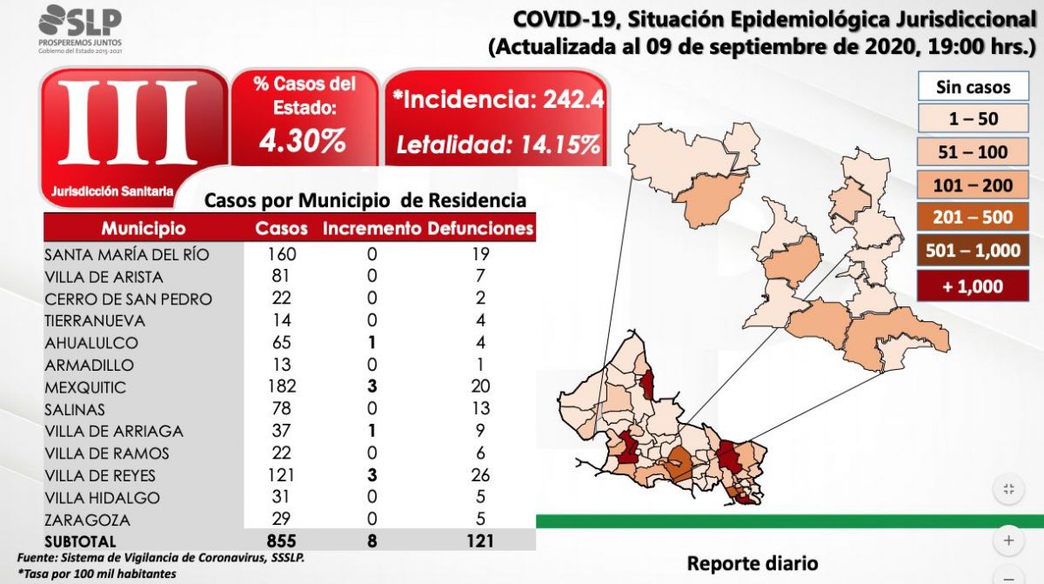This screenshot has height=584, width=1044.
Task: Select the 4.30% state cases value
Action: pyautogui.click(x=304, y=140)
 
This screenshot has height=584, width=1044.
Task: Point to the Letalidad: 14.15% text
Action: pyautogui.click(x=498, y=144)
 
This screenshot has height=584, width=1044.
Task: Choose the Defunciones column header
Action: pyautogui.click(x=480, y=229)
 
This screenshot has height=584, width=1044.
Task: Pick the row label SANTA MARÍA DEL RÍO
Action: pyautogui.click(x=127, y=255)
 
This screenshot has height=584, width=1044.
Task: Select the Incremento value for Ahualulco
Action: pyautogui.click(x=372, y=342)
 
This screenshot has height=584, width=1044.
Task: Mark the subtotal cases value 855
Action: pyautogui.click(x=281, y=541)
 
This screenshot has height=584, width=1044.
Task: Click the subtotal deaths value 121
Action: pyautogui.click(x=478, y=541)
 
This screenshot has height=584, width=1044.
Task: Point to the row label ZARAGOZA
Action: pyautogui.click(x=87, y=520)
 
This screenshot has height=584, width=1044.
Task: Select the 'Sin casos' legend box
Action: pyautogui.click(x=973, y=87)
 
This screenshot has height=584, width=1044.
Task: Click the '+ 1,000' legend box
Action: pyautogui.click(x=973, y=285)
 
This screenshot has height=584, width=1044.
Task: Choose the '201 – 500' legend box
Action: pyautogui.click(x=973, y=218)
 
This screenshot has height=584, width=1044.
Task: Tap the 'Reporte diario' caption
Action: pyautogui.click(x=752, y=563)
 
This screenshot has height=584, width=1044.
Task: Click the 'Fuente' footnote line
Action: pyautogui.click(x=161, y=558)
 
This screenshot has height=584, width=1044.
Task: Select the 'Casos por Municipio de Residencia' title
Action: pyautogui.click(x=365, y=200)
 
